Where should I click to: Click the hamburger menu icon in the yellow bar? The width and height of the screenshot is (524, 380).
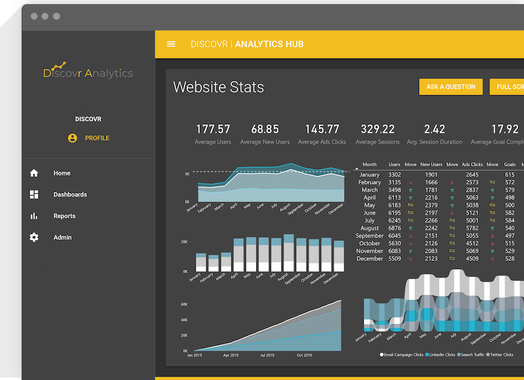[x=171, y=44]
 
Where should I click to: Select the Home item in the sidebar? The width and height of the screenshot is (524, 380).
[x=62, y=173]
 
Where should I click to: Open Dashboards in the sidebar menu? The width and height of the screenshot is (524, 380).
[x=70, y=195]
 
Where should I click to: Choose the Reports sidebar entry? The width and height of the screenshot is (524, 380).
[x=64, y=216]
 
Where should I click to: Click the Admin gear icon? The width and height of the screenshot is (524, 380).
[x=34, y=238]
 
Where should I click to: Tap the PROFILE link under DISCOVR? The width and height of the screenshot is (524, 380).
[x=97, y=138]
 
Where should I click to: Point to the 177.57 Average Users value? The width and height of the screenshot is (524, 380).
[x=213, y=129]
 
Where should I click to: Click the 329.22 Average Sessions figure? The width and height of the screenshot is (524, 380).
[x=377, y=129]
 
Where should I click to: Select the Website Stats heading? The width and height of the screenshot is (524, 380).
[x=219, y=88]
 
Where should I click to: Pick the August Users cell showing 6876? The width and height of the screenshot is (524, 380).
[x=395, y=228]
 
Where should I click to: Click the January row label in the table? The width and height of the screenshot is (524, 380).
[x=370, y=175]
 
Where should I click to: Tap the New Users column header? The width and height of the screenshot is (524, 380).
[x=431, y=165]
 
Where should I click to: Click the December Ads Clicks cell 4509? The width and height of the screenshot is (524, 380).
[x=472, y=259]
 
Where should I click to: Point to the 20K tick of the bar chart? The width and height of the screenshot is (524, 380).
[x=184, y=242]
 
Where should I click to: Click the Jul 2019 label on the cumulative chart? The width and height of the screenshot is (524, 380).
[x=267, y=355]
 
